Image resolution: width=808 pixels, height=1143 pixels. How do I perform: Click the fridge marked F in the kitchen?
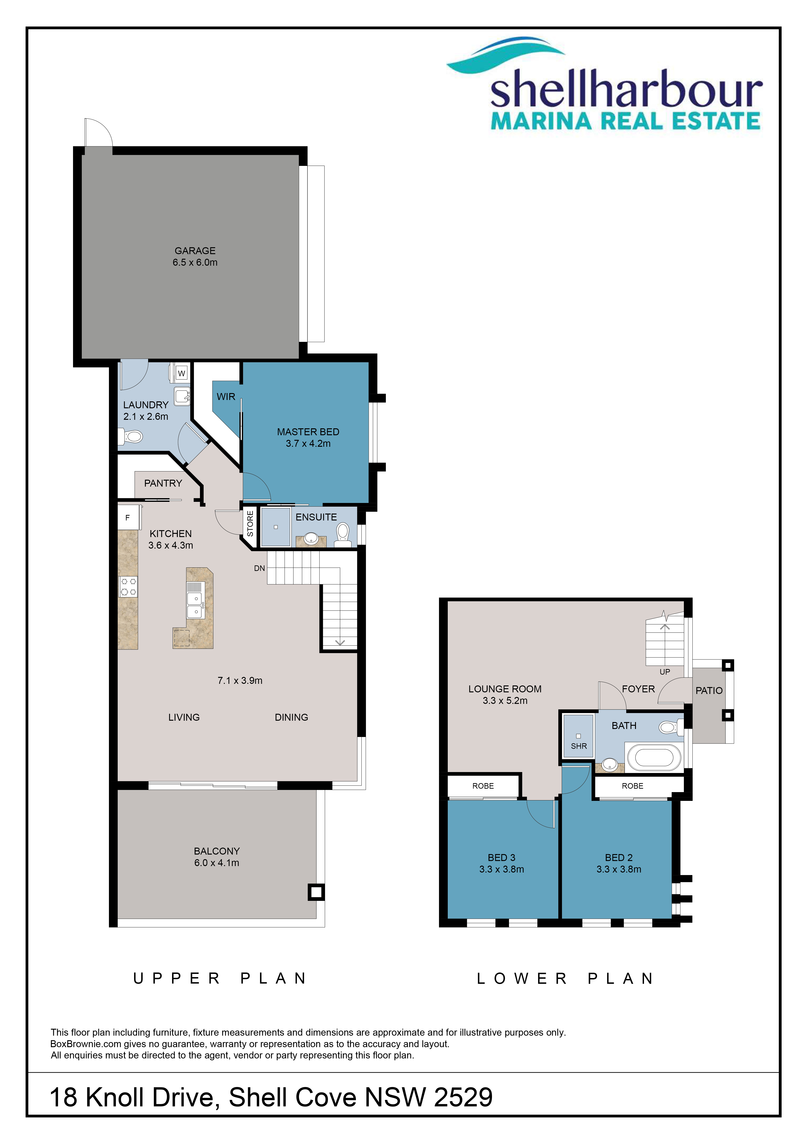coord(127,518)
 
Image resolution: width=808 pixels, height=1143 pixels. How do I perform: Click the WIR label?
coord(226,397)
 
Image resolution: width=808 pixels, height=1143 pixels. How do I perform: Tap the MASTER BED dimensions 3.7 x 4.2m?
coord(308,444)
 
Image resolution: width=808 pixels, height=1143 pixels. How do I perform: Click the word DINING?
coord(292,717)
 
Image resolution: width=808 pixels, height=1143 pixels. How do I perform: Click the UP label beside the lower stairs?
coord(665,672)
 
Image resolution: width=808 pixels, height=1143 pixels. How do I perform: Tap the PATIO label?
coord(709,691)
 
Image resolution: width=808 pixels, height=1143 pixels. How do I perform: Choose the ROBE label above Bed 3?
coord(483,786)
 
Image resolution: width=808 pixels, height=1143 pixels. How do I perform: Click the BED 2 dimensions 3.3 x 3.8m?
coord(619,869)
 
